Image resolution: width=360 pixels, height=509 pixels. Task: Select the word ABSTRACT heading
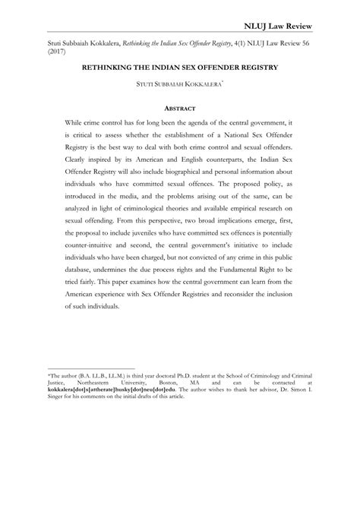tap(180, 108)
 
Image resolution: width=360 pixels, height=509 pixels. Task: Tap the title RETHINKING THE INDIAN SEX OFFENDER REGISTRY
tap(180, 68)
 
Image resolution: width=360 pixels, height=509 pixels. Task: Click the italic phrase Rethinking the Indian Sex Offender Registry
tap(190, 45)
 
